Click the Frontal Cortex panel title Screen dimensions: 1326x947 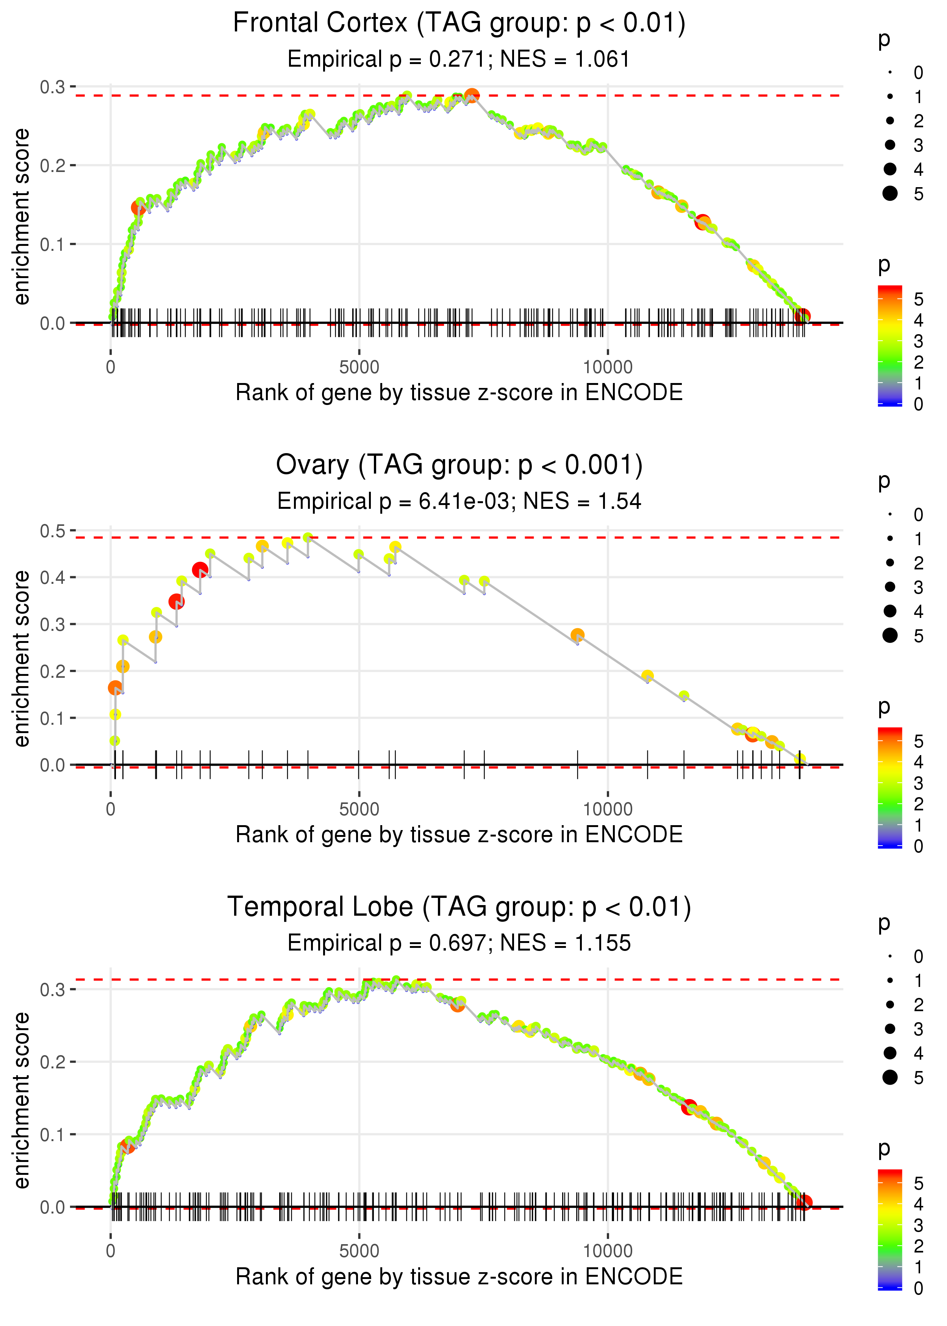[459, 23]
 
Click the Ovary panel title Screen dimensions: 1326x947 [459, 465]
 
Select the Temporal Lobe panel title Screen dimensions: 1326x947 [459, 907]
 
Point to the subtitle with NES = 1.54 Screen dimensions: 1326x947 [459, 502]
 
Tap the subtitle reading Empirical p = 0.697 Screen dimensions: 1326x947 [459, 943]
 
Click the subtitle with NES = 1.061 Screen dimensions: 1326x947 [459, 59]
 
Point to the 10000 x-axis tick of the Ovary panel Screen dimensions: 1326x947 [608, 809]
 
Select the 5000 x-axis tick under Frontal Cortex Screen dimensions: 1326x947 [359, 367]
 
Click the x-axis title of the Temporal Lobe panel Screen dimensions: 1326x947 [459, 1276]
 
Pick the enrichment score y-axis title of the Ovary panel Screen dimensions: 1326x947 [22, 659]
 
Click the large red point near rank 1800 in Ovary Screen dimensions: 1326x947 [200, 570]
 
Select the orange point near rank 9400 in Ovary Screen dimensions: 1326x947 [577, 635]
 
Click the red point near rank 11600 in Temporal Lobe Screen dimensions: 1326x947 [689, 1107]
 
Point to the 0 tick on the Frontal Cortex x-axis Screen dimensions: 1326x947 [111, 367]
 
